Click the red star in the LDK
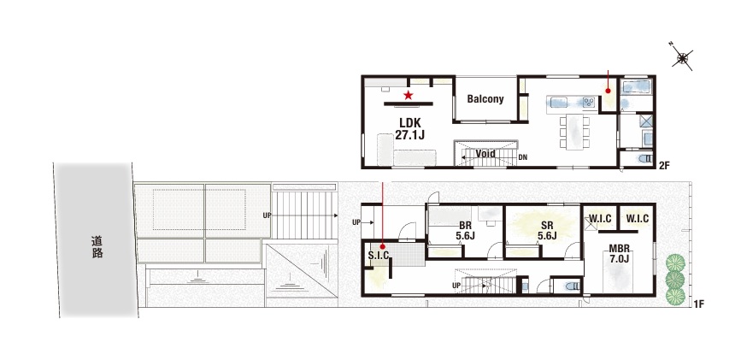[x=409, y=96]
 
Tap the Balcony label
[x=485, y=99]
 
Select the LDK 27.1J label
[x=409, y=128]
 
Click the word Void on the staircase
[x=485, y=154]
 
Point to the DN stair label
[x=523, y=157]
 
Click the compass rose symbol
[x=682, y=57]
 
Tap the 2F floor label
[x=664, y=165]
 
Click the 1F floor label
[x=699, y=304]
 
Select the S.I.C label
[x=379, y=256]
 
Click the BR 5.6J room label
[x=466, y=230]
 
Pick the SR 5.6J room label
[x=547, y=230]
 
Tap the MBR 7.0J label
[x=619, y=254]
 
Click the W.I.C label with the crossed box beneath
[x=600, y=219]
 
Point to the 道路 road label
[x=97, y=247]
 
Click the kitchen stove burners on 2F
[x=588, y=102]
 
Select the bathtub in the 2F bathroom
[x=636, y=87]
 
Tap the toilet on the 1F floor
[x=571, y=286]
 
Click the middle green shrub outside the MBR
[x=675, y=279]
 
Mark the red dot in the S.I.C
[x=382, y=246]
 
